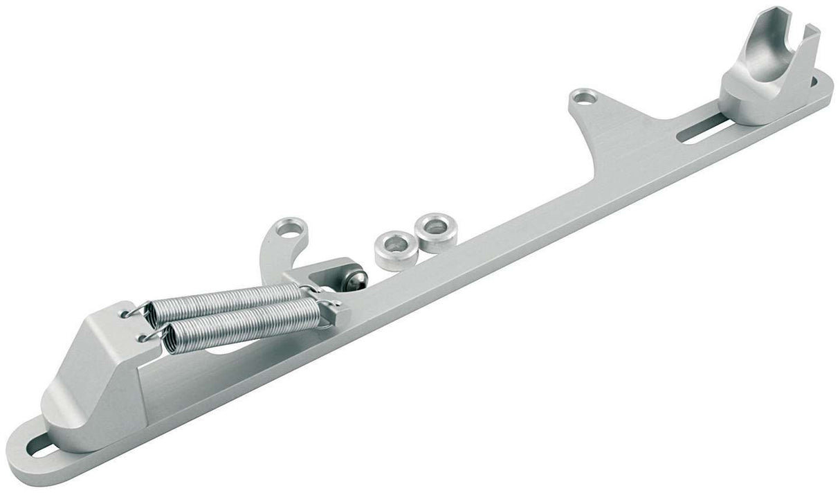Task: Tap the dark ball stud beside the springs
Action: [x=355, y=278]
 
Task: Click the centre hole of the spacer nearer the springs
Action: [x=396, y=244]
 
